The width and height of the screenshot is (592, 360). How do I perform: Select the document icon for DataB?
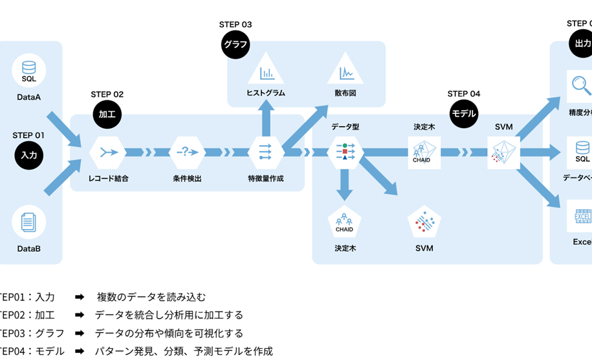29,222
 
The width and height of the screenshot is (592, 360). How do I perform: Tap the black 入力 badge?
29,155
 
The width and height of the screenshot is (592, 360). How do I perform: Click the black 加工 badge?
107,114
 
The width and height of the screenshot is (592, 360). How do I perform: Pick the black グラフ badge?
236,45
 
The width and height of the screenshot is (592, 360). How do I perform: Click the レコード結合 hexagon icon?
107,152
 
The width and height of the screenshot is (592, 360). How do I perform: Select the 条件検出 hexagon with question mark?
186,152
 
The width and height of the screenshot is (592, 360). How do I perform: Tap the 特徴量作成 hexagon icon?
265,152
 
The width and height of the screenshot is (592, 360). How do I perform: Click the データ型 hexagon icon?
345,152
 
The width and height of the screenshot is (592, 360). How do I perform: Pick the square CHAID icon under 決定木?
424,152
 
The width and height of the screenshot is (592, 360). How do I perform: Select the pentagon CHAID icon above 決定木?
344,223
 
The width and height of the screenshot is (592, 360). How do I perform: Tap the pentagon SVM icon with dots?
424,223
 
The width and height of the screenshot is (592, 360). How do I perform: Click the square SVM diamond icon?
504,152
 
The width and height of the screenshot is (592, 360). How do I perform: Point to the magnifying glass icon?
578,85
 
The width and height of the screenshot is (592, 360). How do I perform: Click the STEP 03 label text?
236,25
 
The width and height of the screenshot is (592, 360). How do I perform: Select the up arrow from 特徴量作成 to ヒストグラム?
265,117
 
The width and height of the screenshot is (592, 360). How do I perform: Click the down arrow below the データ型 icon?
345,185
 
